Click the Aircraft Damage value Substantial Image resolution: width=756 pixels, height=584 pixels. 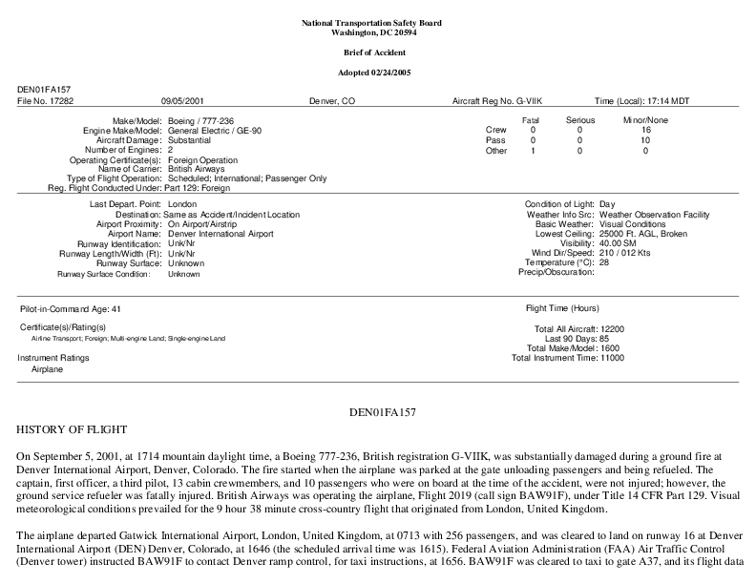(191, 140)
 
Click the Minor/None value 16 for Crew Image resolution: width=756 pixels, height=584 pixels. (645, 130)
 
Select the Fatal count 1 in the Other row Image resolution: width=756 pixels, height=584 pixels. (533, 151)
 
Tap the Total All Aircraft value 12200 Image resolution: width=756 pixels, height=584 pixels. (611, 329)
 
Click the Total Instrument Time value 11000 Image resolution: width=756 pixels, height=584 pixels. (611, 359)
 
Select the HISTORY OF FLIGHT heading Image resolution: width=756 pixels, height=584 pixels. (73, 430)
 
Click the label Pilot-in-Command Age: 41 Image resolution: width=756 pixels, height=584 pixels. (71, 310)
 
